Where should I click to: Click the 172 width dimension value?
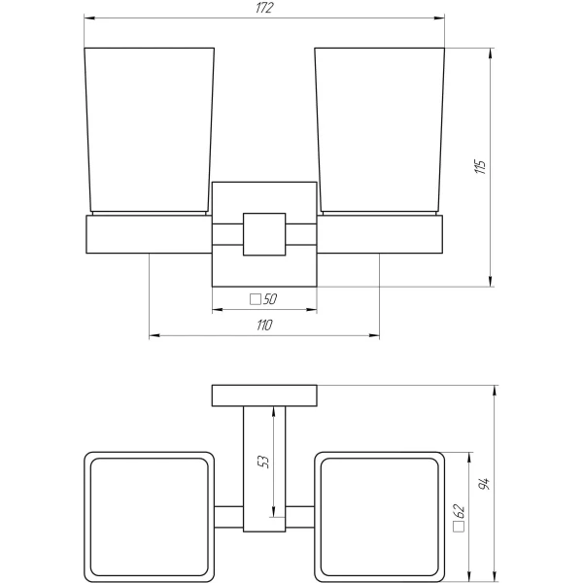coord(264,9)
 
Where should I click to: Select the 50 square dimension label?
coord(270,299)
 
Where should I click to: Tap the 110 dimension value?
coord(264,326)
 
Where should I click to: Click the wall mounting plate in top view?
coord(264,395)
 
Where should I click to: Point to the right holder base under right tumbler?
coord(380,234)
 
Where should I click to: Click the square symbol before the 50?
coord(256,299)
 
